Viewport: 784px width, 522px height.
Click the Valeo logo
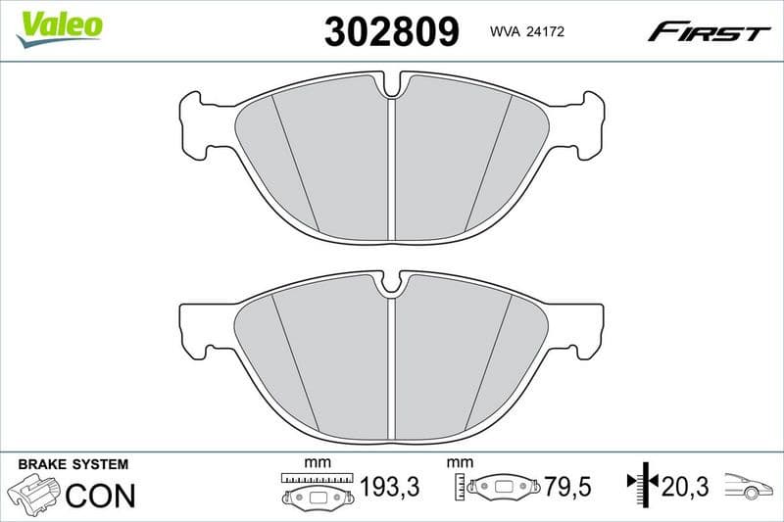[59, 25]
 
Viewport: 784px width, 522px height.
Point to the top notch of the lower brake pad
[392, 286]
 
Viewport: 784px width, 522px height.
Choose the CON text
[100, 495]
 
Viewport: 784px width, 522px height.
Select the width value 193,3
[390, 487]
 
